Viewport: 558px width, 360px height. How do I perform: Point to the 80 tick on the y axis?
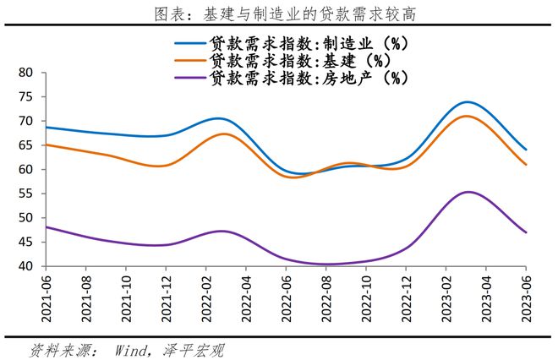coord(24,73)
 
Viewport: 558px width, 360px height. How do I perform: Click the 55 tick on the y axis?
coord(24,194)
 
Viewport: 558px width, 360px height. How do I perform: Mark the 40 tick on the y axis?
coord(24,266)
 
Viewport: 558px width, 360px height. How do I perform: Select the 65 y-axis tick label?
coord(24,145)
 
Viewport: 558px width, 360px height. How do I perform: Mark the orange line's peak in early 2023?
coord(466,117)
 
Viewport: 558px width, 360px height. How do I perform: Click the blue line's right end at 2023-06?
coord(526,150)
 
